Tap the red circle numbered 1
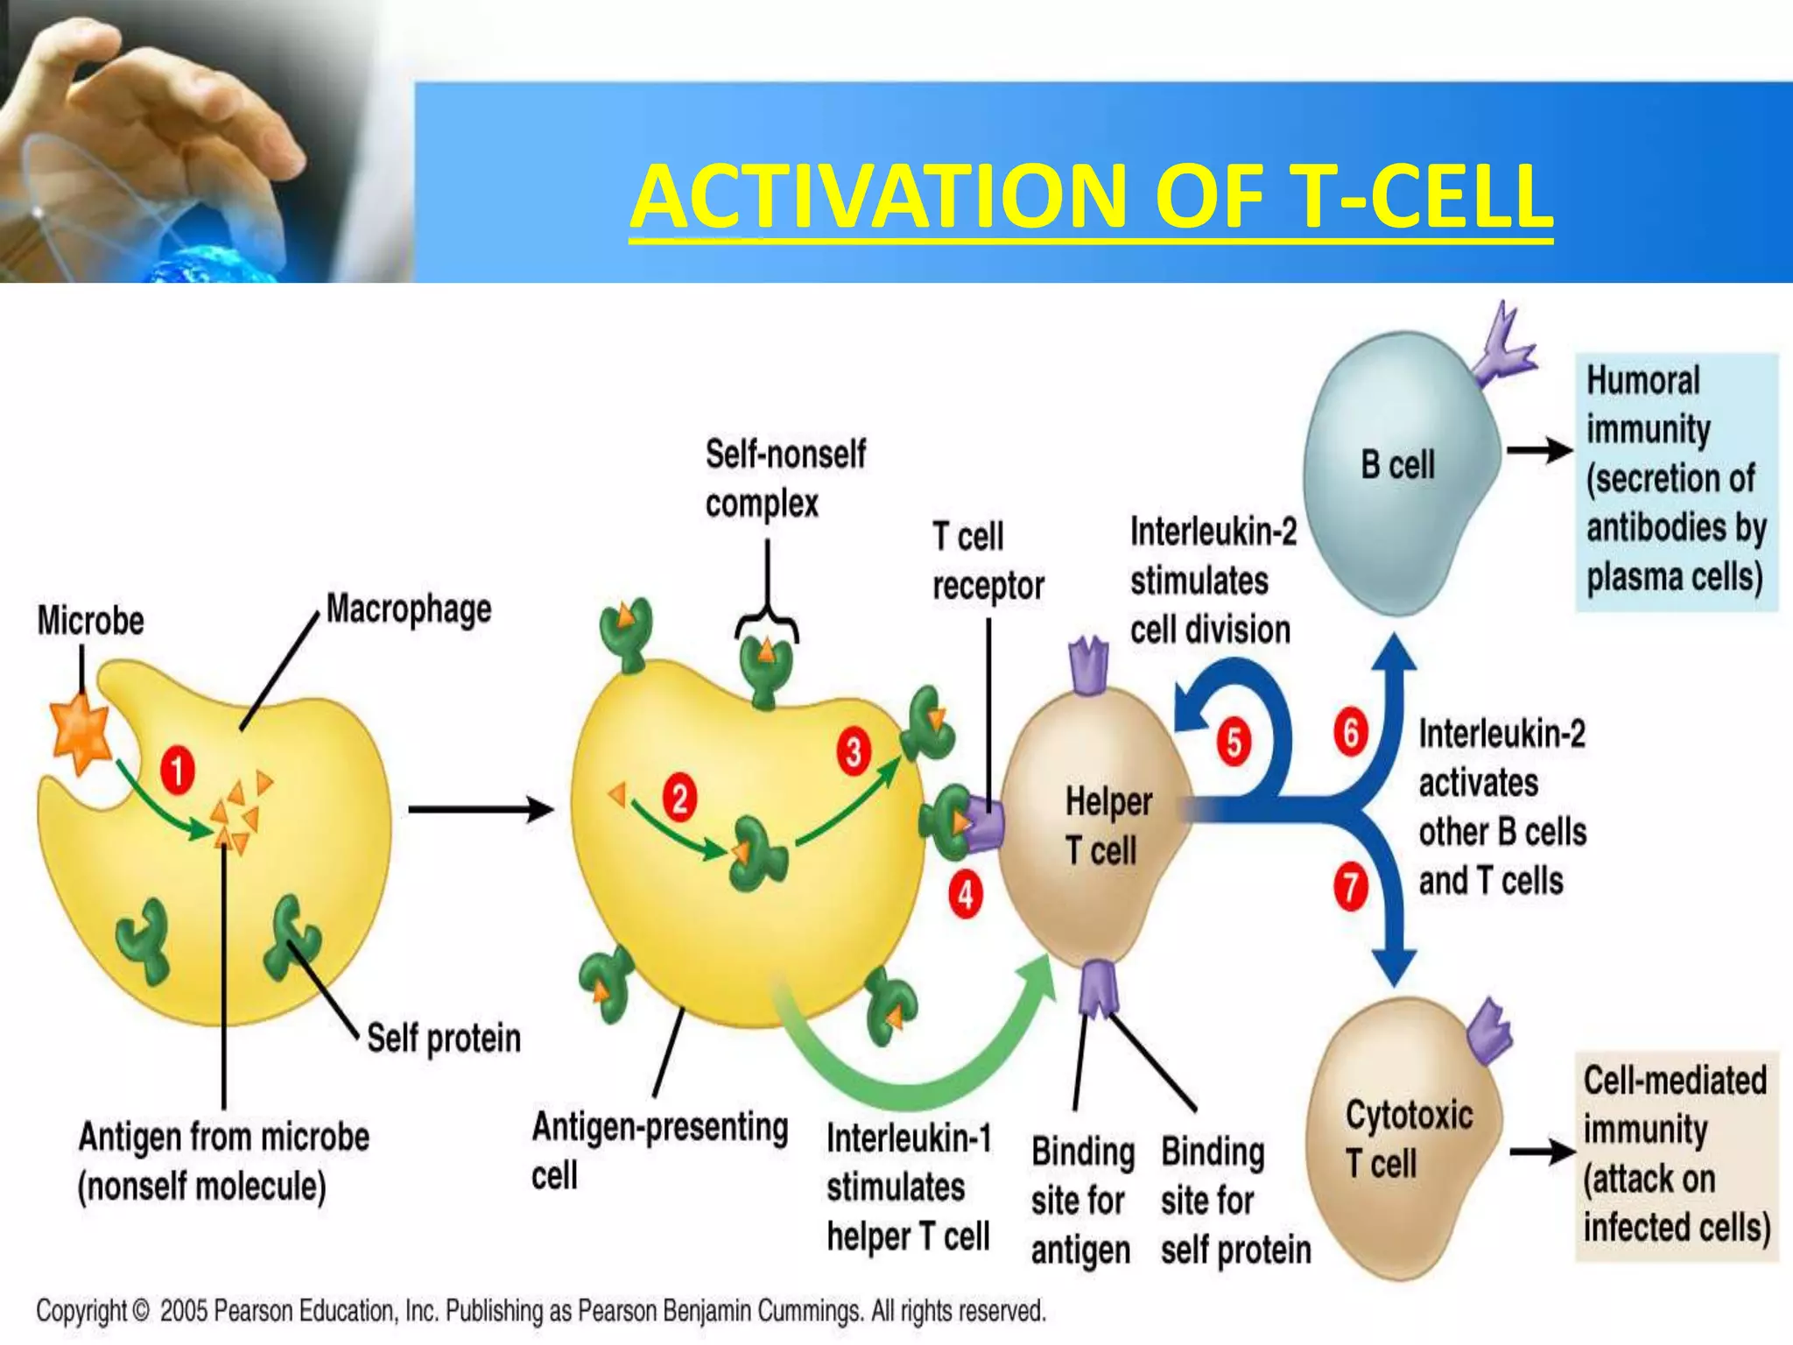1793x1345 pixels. point(177,771)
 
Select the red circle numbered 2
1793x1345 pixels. point(679,799)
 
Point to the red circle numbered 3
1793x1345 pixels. point(853,751)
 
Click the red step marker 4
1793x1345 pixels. point(965,895)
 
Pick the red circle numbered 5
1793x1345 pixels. point(1234,742)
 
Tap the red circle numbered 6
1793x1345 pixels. point(1351,732)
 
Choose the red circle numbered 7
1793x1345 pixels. point(1351,886)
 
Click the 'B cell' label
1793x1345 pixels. point(1397,465)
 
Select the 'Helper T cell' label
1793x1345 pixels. point(1107,826)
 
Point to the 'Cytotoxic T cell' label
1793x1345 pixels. point(1408,1139)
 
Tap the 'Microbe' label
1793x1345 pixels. point(90,621)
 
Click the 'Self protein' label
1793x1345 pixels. point(443,1039)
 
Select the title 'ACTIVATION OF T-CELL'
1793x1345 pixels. point(1091,197)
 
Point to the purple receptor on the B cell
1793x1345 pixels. point(1503,348)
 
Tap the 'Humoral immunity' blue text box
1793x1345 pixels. point(1676,480)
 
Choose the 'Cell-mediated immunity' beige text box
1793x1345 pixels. point(1676,1155)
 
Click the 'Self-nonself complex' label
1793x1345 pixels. point(784,479)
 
